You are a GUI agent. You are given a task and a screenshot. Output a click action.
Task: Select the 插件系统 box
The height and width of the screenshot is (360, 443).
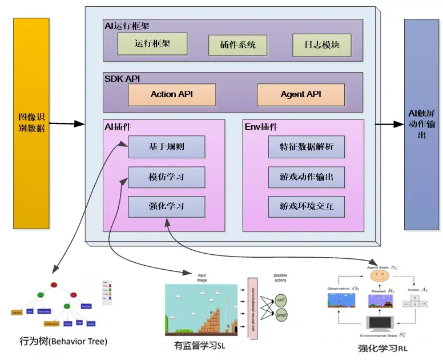pos(237,45)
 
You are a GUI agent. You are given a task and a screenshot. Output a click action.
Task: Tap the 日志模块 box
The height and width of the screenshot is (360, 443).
pos(321,45)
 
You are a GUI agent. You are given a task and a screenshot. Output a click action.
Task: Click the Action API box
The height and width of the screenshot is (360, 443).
pos(172,94)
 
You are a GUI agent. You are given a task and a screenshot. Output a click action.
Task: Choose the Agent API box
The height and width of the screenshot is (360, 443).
pos(301,94)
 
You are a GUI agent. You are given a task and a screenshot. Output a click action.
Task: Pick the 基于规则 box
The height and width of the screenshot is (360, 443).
pos(166,147)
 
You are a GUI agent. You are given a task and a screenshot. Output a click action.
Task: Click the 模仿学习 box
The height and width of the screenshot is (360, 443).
pos(166,177)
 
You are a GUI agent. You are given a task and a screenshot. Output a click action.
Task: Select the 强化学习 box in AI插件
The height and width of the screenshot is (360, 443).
pos(166,206)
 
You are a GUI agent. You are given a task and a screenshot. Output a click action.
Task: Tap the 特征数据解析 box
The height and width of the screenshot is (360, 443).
pos(307,147)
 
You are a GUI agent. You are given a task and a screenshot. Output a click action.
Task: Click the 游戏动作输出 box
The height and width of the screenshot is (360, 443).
pos(307,177)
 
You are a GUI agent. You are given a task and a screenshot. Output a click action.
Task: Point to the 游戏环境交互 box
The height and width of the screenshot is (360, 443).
pos(307,206)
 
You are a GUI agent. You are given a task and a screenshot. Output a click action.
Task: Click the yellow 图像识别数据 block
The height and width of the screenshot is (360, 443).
pos(31,123)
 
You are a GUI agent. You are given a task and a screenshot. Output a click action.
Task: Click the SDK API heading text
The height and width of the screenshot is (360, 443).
pos(122,78)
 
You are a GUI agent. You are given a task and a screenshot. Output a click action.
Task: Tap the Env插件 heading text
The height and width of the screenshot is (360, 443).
pos(261,126)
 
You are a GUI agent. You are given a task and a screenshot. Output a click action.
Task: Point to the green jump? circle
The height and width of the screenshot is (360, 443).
pos(281,315)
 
